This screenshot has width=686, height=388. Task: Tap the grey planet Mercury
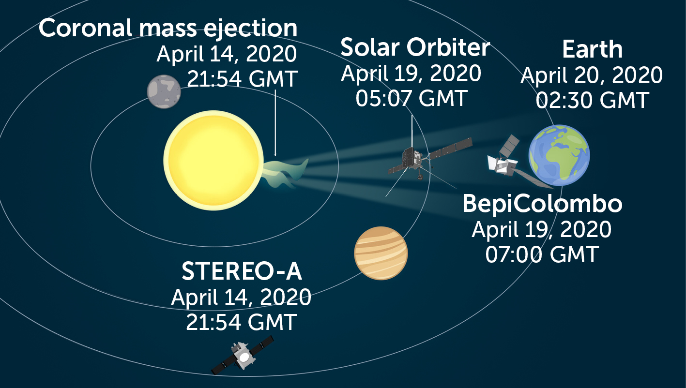(x=164, y=91)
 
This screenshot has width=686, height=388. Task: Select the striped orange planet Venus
(x=381, y=253)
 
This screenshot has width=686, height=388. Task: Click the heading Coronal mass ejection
(x=168, y=28)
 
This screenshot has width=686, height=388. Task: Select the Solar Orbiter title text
(x=415, y=47)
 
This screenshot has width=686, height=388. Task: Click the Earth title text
(x=592, y=50)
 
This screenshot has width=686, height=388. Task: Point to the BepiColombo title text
(x=542, y=204)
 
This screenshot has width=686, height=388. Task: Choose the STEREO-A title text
(x=242, y=272)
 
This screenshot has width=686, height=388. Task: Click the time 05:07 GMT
(x=411, y=98)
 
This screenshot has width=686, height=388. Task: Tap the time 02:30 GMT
(x=592, y=100)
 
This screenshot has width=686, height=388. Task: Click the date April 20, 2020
(x=591, y=75)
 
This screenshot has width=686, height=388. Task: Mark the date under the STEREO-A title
(x=241, y=297)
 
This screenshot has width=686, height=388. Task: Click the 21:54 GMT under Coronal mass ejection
(x=242, y=79)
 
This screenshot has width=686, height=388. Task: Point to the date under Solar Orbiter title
(x=411, y=73)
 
